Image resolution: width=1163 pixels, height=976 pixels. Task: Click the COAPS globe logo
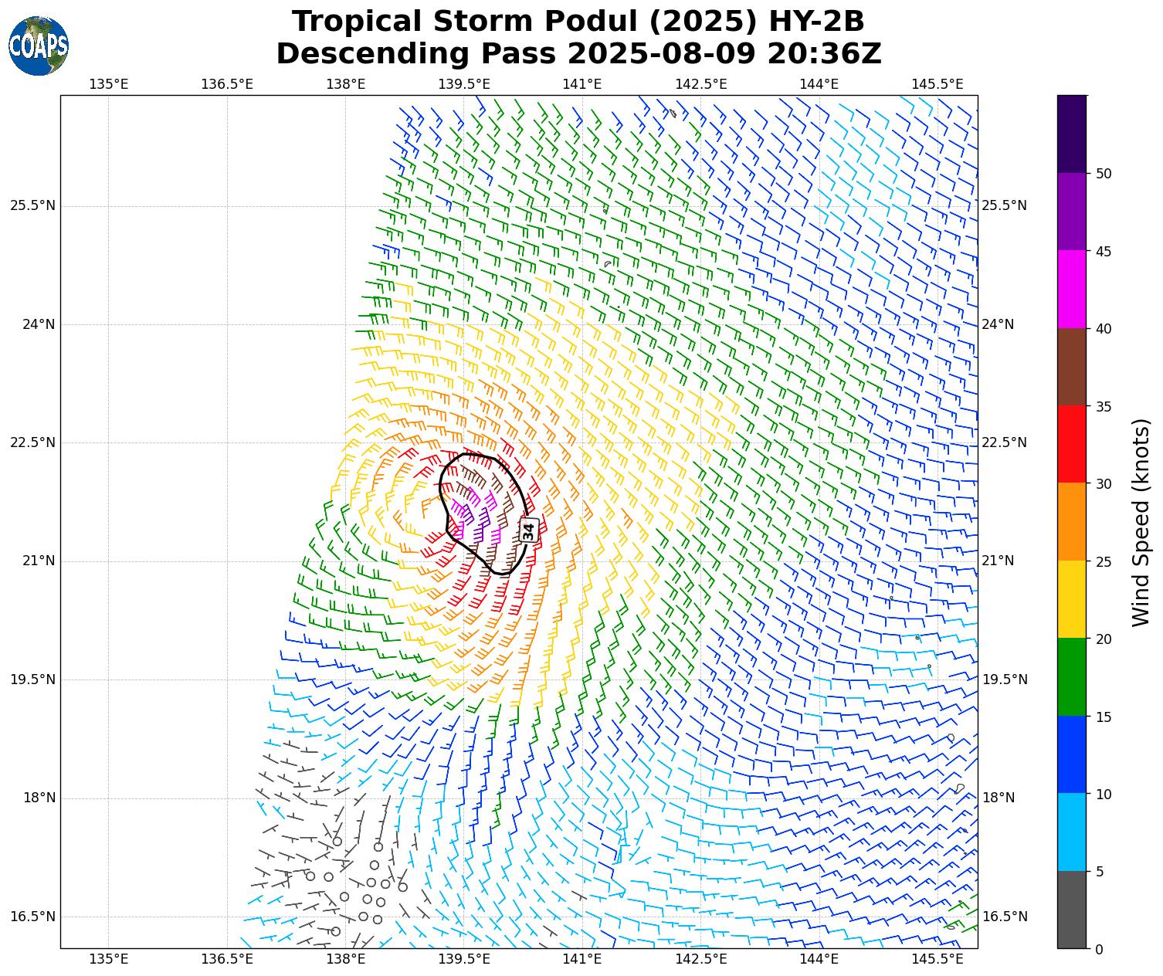39,46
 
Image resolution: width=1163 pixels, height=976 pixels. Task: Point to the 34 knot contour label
528,530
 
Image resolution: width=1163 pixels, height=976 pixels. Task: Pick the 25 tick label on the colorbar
1104,561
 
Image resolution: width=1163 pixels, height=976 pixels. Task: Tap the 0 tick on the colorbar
1100,949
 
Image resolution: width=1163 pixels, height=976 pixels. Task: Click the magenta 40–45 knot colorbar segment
1072,289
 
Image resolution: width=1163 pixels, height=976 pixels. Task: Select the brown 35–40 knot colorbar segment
1072,367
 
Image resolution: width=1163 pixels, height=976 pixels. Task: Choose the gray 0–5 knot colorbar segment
1072,910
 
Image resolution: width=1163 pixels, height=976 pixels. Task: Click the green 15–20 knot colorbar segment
1072,677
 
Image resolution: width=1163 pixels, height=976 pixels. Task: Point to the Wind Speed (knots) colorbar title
1141,522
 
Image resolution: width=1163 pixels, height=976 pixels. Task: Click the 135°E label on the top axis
109,83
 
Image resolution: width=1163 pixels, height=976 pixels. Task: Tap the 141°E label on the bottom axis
582,959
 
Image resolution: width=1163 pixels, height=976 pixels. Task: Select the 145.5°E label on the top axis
938,83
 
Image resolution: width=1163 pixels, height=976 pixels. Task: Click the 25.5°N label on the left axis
32,205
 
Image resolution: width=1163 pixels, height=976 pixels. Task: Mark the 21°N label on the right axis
998,561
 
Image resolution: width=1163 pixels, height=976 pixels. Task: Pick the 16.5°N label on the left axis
32,917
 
